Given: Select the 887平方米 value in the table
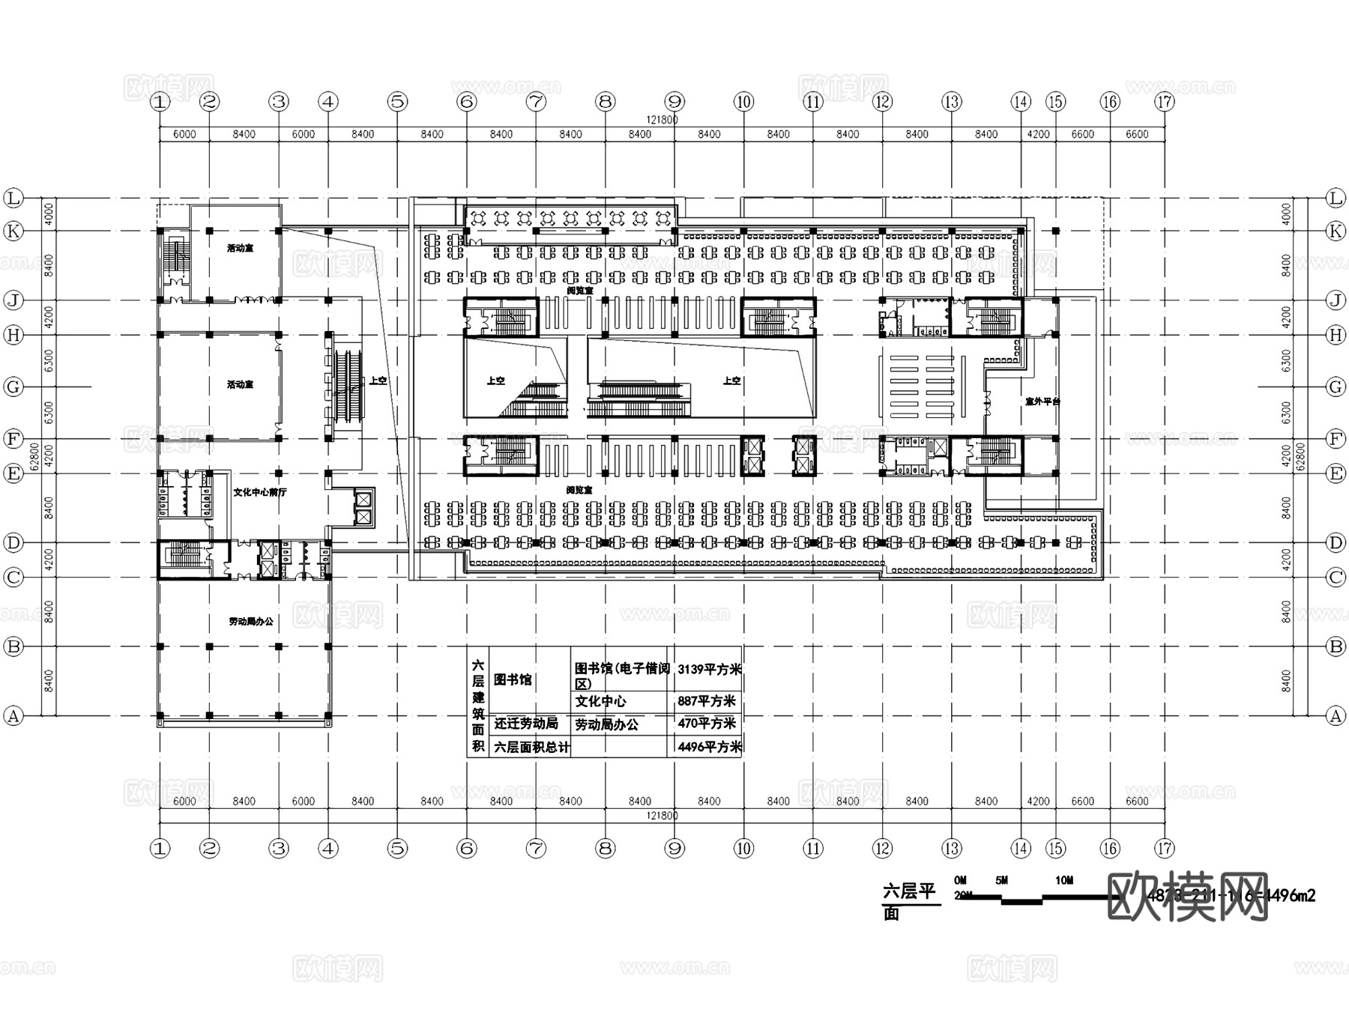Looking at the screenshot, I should click(707, 701).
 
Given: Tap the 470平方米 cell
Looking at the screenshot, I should click(707, 724).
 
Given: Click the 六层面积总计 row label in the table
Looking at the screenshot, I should click(531, 747).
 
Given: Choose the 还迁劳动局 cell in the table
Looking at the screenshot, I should click(526, 724).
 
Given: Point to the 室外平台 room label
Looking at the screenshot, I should click(1042, 402).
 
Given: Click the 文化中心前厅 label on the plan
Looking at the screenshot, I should click(259, 492).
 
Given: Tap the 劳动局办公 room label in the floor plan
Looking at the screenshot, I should click(251, 621).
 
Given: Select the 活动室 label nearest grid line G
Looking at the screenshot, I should click(240, 384).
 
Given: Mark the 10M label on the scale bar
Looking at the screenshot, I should click(1063, 880).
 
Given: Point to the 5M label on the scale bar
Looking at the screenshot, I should click(1001, 880).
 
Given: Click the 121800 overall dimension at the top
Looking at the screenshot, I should click(662, 120).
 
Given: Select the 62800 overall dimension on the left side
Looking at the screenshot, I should click(34, 455).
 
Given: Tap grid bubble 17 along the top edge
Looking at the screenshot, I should click(1165, 102).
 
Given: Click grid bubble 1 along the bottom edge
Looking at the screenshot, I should click(160, 848).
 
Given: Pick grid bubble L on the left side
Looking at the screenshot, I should click(13, 199).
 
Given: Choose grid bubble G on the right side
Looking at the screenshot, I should click(1336, 387).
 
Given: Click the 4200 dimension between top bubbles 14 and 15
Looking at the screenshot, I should click(1038, 134).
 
